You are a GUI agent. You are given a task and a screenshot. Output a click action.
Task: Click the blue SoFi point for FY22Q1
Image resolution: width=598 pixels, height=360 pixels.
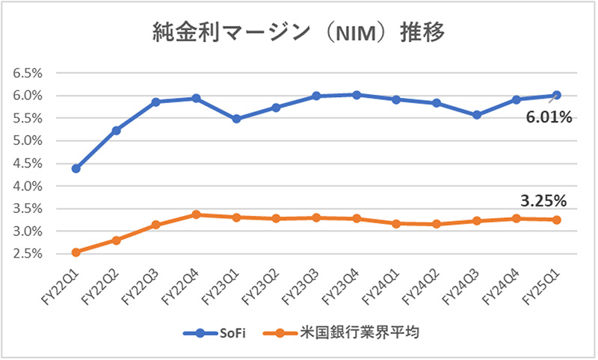point(75,168)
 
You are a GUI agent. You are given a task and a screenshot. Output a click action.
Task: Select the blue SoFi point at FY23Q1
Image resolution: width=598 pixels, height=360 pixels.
point(236,119)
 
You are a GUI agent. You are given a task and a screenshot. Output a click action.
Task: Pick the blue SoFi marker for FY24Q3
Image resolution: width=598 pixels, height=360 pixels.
point(476,115)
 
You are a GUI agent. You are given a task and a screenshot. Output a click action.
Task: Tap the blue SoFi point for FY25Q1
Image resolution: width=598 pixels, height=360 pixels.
point(556,95)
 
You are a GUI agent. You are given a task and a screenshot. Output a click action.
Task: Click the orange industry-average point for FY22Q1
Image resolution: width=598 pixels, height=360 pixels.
point(75,252)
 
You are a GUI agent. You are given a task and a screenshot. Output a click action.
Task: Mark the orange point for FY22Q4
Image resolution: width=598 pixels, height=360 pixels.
point(196,214)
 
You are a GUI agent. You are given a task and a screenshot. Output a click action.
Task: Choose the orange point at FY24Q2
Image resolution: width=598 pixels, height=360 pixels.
point(436,224)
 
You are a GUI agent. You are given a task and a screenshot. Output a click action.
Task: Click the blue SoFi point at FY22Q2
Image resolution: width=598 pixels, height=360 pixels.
point(116,130)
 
